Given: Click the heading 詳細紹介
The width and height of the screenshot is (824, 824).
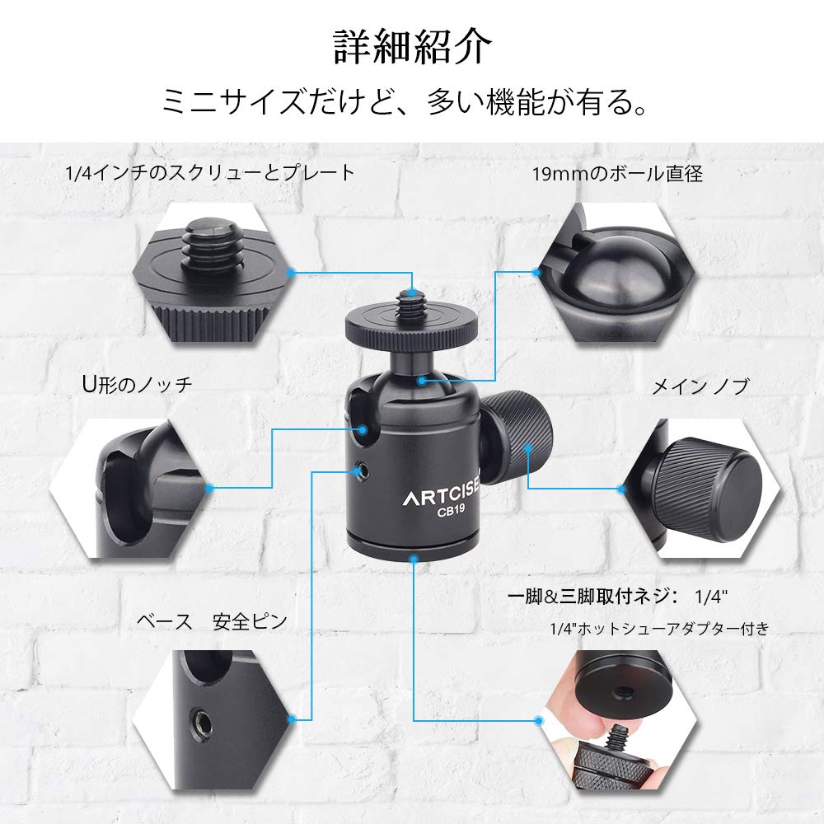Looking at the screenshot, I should point(412,47).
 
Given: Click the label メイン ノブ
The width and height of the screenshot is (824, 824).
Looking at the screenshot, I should point(700,386).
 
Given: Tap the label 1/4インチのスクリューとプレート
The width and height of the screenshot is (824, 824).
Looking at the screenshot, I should point(210,173).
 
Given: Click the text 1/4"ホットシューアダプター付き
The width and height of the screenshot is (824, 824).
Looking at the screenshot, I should point(659,629).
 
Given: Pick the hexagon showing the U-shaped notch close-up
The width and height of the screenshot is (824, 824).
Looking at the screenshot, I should point(132,489).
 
